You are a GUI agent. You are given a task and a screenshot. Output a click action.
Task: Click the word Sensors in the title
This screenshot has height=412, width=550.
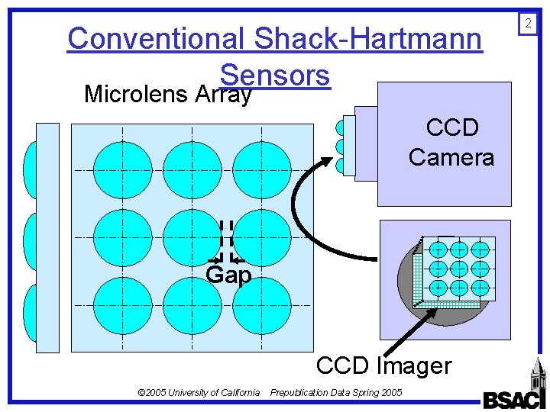pos(274,75)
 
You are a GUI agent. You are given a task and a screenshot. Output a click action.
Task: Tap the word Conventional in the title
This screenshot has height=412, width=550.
pos(156,38)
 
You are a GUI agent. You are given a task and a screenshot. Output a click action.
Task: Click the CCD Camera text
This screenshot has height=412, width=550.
pos(451,143)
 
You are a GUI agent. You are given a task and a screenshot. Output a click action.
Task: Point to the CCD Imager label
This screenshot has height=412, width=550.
pos(383,365)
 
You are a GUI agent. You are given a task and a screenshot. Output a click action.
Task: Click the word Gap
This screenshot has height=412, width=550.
pos(228,275)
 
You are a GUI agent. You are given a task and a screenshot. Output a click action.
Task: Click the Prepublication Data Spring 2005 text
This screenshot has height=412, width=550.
pos(336,392)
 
